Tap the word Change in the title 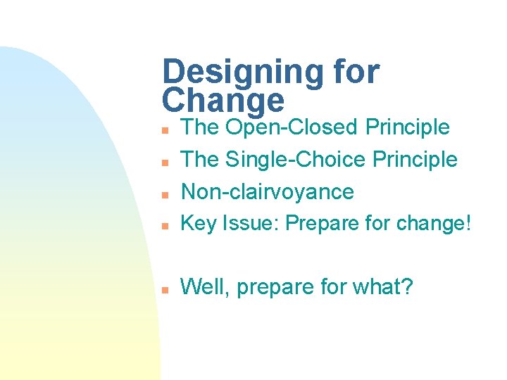[x=223, y=101]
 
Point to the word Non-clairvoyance [x=268, y=191]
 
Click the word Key [x=199, y=224]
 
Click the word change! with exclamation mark [x=434, y=224]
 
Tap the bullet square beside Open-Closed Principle [x=163, y=131]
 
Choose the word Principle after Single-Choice [x=415, y=160]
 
